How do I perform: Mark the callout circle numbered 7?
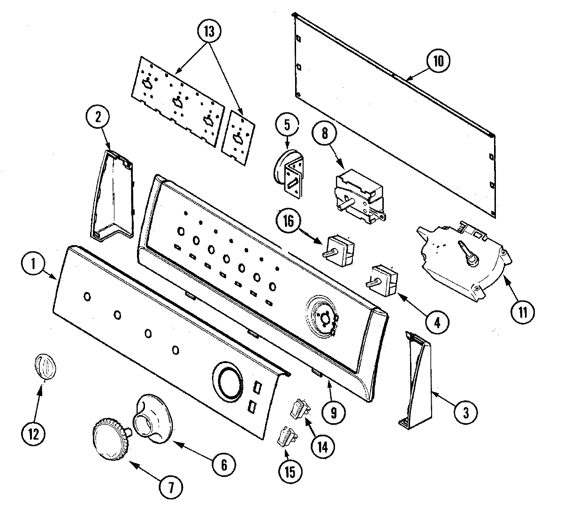[171, 489]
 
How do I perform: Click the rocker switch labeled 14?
[299, 408]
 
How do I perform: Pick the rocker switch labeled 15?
[287, 438]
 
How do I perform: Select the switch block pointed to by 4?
[383, 279]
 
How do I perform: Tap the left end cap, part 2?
[113, 197]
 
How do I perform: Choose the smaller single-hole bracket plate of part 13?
[239, 138]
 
